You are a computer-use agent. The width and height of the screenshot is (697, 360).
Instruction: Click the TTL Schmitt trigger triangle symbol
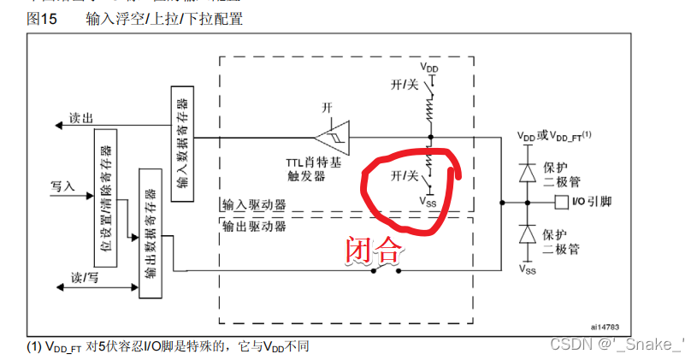[330, 137]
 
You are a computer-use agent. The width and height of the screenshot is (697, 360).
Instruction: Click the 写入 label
[63, 185]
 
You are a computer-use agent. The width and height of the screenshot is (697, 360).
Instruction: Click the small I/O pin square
[560, 202]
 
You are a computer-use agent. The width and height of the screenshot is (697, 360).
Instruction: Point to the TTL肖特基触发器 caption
[317, 168]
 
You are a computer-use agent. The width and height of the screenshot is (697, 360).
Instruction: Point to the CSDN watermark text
[616, 345]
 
